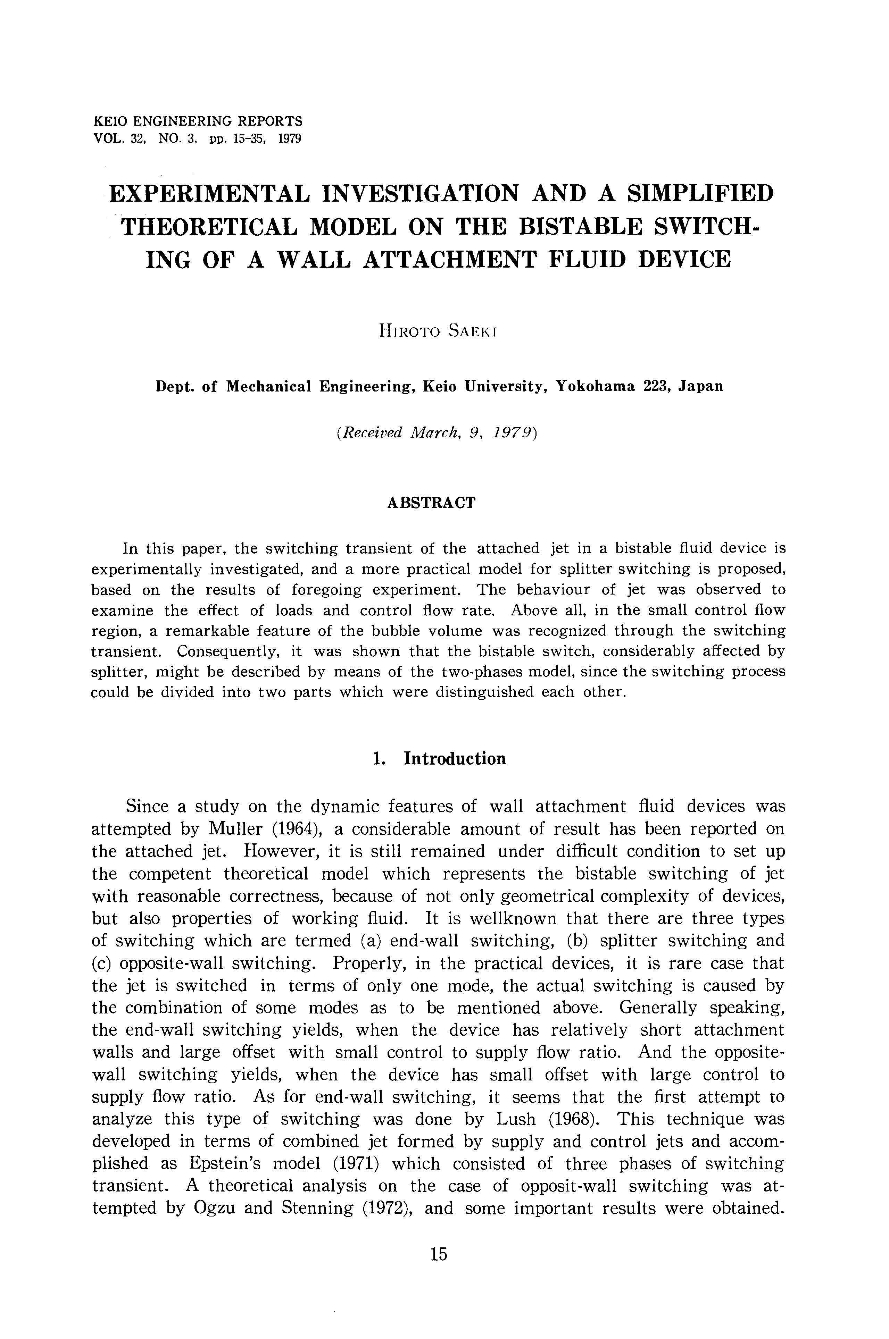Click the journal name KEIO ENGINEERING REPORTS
pyautogui.click(x=197, y=121)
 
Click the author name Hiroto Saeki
pyautogui.click(x=438, y=331)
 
